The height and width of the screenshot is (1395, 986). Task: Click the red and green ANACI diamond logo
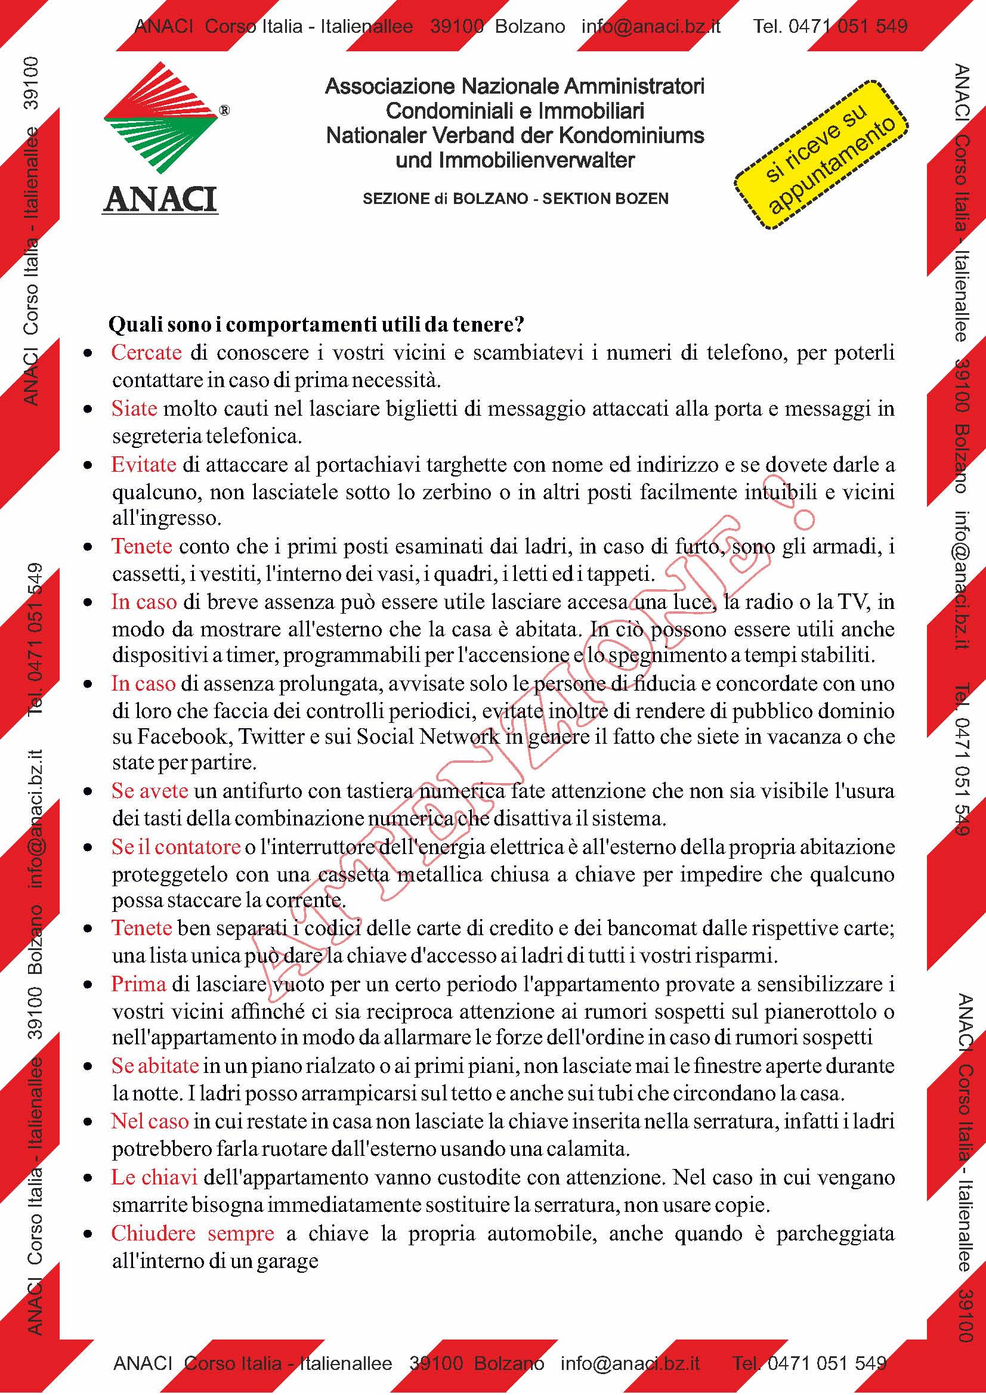click(161, 117)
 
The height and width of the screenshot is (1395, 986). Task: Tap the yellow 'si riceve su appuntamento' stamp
click(821, 155)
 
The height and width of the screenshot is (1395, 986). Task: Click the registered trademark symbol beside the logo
click(224, 110)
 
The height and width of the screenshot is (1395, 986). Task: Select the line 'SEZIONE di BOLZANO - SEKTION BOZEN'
click(515, 199)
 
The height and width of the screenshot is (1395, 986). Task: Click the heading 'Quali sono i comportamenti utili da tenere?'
click(316, 324)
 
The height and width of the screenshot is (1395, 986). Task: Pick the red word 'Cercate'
click(146, 352)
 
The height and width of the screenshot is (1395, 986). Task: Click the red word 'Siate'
click(134, 409)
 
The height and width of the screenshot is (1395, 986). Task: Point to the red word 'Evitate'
click(143, 465)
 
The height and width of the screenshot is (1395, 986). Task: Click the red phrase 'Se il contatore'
click(175, 847)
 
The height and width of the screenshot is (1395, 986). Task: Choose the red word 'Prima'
click(138, 983)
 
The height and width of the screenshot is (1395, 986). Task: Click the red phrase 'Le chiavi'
click(154, 1177)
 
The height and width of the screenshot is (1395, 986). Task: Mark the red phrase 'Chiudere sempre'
click(193, 1233)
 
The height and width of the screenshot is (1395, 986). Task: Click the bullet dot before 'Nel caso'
click(89, 1122)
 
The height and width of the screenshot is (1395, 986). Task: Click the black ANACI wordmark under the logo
click(160, 199)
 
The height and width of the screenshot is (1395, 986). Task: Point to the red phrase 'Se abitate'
click(155, 1066)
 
